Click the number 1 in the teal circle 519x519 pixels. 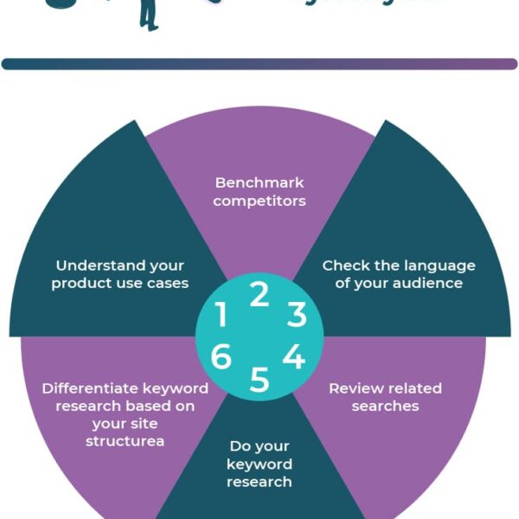pos(221,315)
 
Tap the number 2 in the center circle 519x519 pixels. pos(259,295)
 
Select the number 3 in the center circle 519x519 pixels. pos(297,315)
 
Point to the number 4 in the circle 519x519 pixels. pos(294,356)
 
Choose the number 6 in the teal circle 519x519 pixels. pos(221,356)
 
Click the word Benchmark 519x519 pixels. pos(259,183)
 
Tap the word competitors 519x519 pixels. pos(259,202)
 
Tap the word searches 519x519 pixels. pos(385,406)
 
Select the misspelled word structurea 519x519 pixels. pos(125,441)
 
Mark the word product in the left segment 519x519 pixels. pos(82,284)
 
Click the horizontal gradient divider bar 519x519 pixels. pos(259,64)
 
